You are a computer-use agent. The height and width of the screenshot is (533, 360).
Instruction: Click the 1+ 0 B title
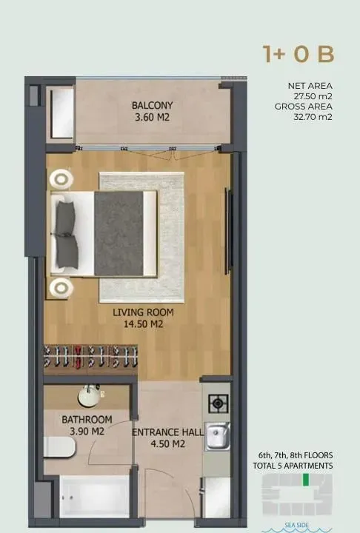298,54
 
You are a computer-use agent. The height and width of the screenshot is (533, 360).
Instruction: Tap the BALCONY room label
152,105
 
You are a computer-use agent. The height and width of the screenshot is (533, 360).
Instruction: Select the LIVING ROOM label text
138,312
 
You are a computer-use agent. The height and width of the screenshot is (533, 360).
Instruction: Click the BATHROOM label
87,420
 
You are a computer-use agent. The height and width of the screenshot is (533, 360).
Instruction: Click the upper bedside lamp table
61,178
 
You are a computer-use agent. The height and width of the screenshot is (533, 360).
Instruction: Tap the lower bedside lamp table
61,286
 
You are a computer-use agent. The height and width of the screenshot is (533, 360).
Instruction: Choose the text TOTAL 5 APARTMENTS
296,466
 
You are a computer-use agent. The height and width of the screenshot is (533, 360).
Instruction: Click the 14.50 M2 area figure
138,324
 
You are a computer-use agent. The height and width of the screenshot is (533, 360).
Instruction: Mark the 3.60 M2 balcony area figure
152,117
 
